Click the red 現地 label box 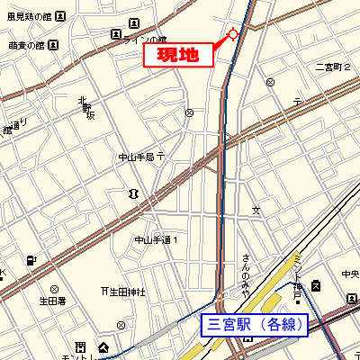[179, 54]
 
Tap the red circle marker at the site [232, 34]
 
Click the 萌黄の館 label [24, 44]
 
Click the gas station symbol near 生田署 [33, 261]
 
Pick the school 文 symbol [256, 211]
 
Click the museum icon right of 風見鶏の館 [59, 16]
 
